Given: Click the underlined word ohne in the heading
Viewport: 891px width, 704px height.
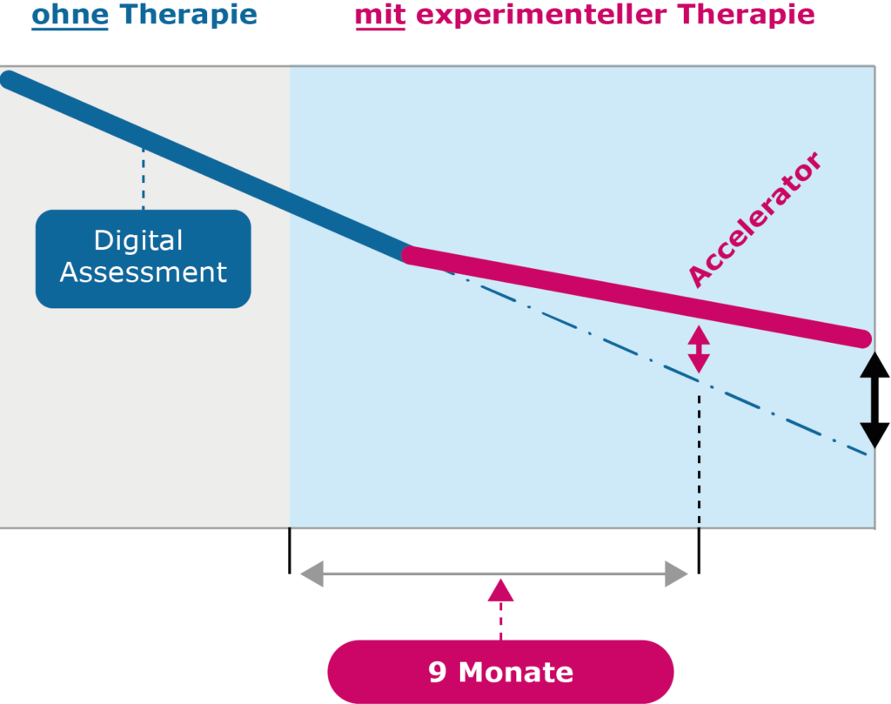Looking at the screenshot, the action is tap(70, 15).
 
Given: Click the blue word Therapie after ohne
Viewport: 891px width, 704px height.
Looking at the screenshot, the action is tap(189, 15).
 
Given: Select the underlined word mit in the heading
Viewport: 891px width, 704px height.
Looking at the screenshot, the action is tap(380, 15).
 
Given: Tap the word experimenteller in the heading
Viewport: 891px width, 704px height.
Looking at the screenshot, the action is tap(541, 15).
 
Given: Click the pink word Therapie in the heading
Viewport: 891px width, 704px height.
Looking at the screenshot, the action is tap(746, 15).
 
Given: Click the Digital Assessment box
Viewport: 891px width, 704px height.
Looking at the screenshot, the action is tap(144, 259).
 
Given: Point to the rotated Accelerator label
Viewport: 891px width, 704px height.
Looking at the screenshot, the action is tap(754, 219).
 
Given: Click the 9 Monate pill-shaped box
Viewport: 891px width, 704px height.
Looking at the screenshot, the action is tap(500, 672).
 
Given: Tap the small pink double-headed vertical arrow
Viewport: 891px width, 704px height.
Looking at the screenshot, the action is tap(699, 349).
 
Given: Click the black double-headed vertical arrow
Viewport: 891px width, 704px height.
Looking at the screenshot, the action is tap(874, 400).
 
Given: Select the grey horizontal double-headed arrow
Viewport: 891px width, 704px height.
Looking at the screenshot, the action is tap(494, 573).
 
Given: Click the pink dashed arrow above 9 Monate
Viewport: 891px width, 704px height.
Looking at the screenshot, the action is tap(500, 609).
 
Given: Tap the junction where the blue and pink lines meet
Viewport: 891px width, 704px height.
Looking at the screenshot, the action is tap(409, 255).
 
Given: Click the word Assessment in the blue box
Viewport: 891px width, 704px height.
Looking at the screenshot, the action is tap(144, 272).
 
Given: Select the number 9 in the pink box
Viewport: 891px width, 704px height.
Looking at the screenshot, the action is tap(437, 672).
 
